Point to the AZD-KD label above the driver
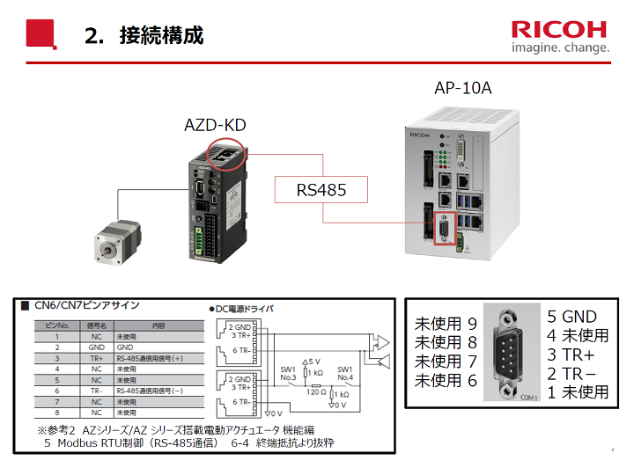215,126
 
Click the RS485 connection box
321,189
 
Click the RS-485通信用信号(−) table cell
155,390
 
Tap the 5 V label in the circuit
313,361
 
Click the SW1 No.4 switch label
344,374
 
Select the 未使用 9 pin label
446,323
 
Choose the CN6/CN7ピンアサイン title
86,305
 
